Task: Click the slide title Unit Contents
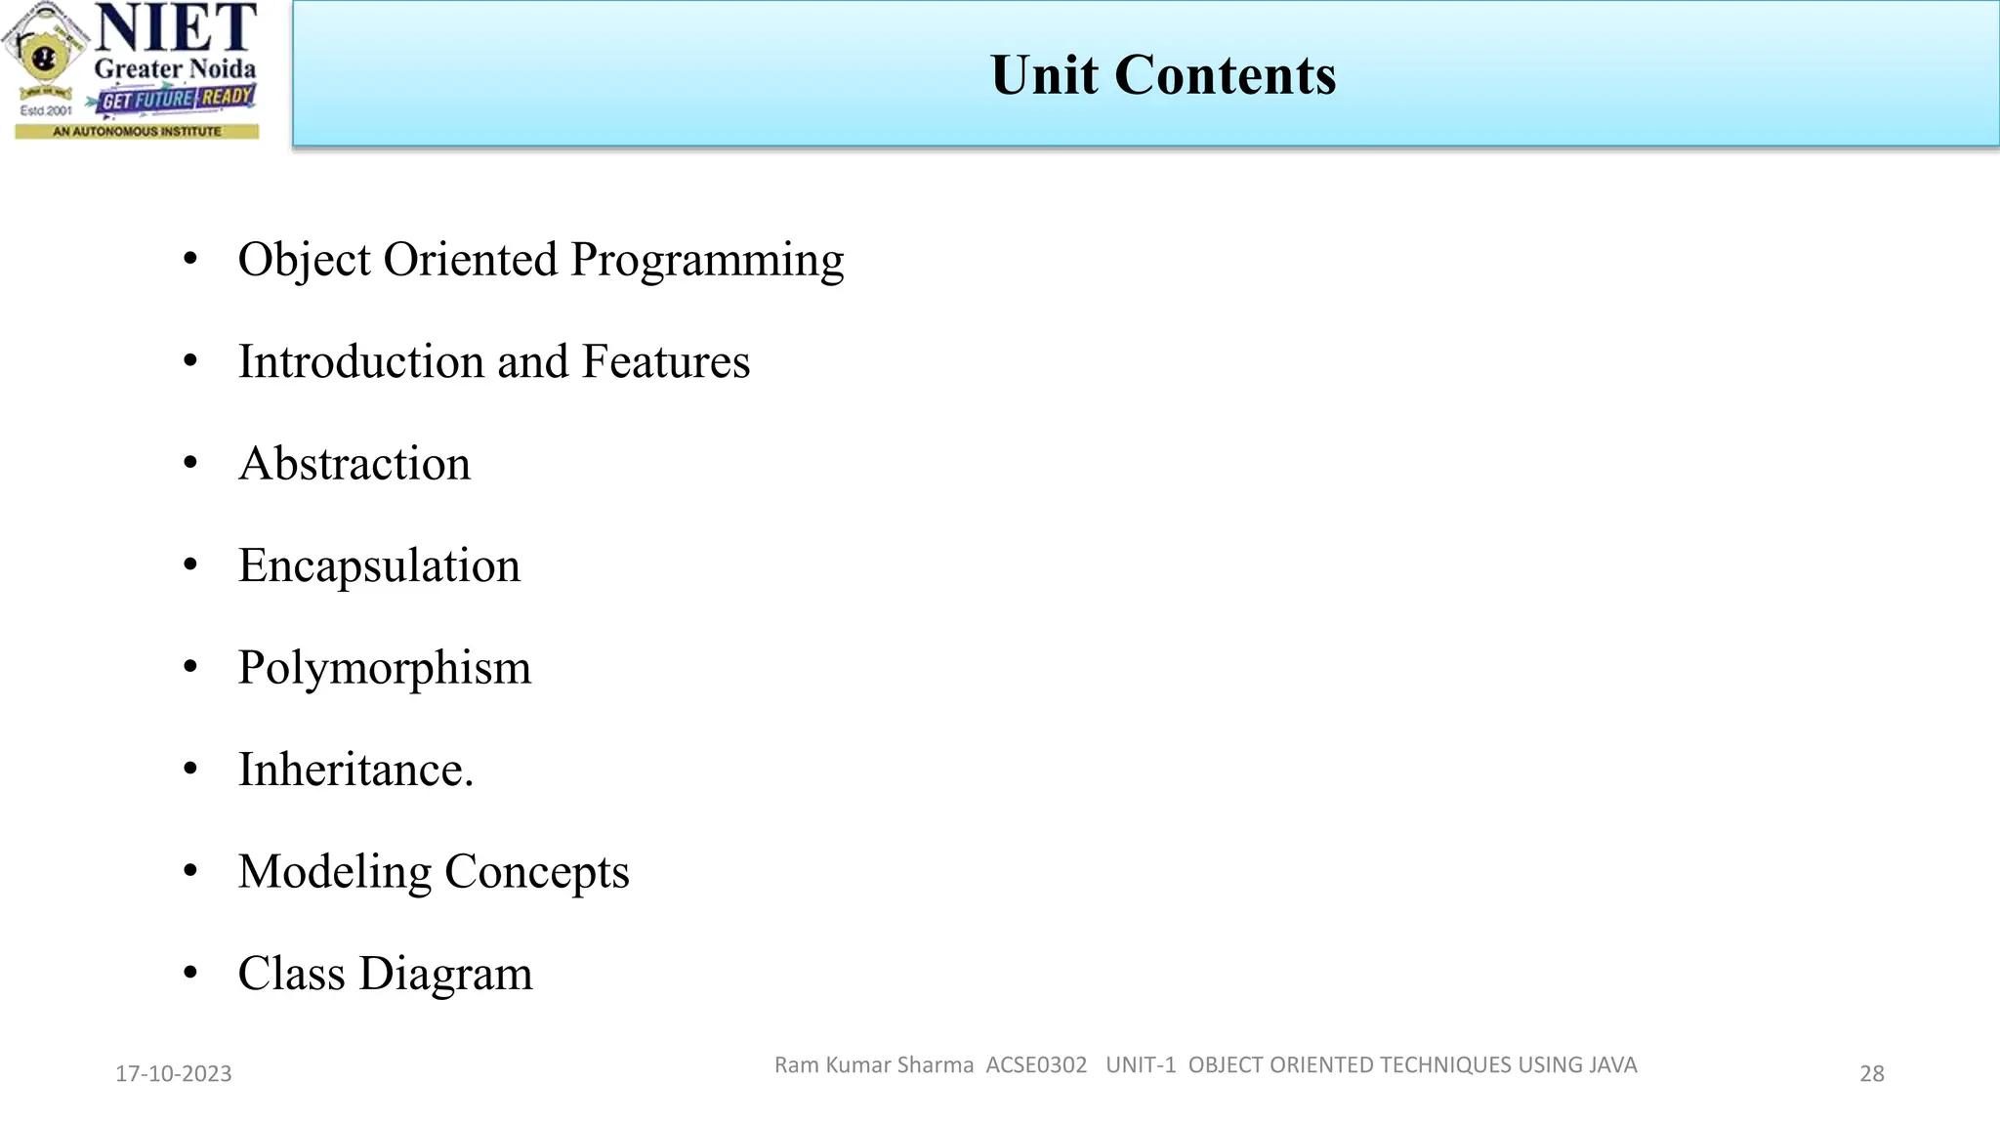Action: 1163,75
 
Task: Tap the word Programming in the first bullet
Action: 707,261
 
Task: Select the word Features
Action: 666,361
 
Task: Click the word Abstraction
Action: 354,464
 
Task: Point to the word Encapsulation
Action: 379,566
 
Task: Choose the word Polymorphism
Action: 385,669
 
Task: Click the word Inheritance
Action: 354,770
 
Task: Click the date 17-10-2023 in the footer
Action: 174,1074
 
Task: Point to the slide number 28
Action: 1871,1074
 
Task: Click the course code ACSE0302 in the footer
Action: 1036,1065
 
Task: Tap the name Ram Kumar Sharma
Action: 874,1065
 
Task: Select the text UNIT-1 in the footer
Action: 1141,1065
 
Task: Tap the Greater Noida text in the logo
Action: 176,69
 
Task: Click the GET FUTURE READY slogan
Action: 177,99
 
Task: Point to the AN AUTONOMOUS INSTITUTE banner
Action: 137,131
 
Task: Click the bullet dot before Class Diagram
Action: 190,973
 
